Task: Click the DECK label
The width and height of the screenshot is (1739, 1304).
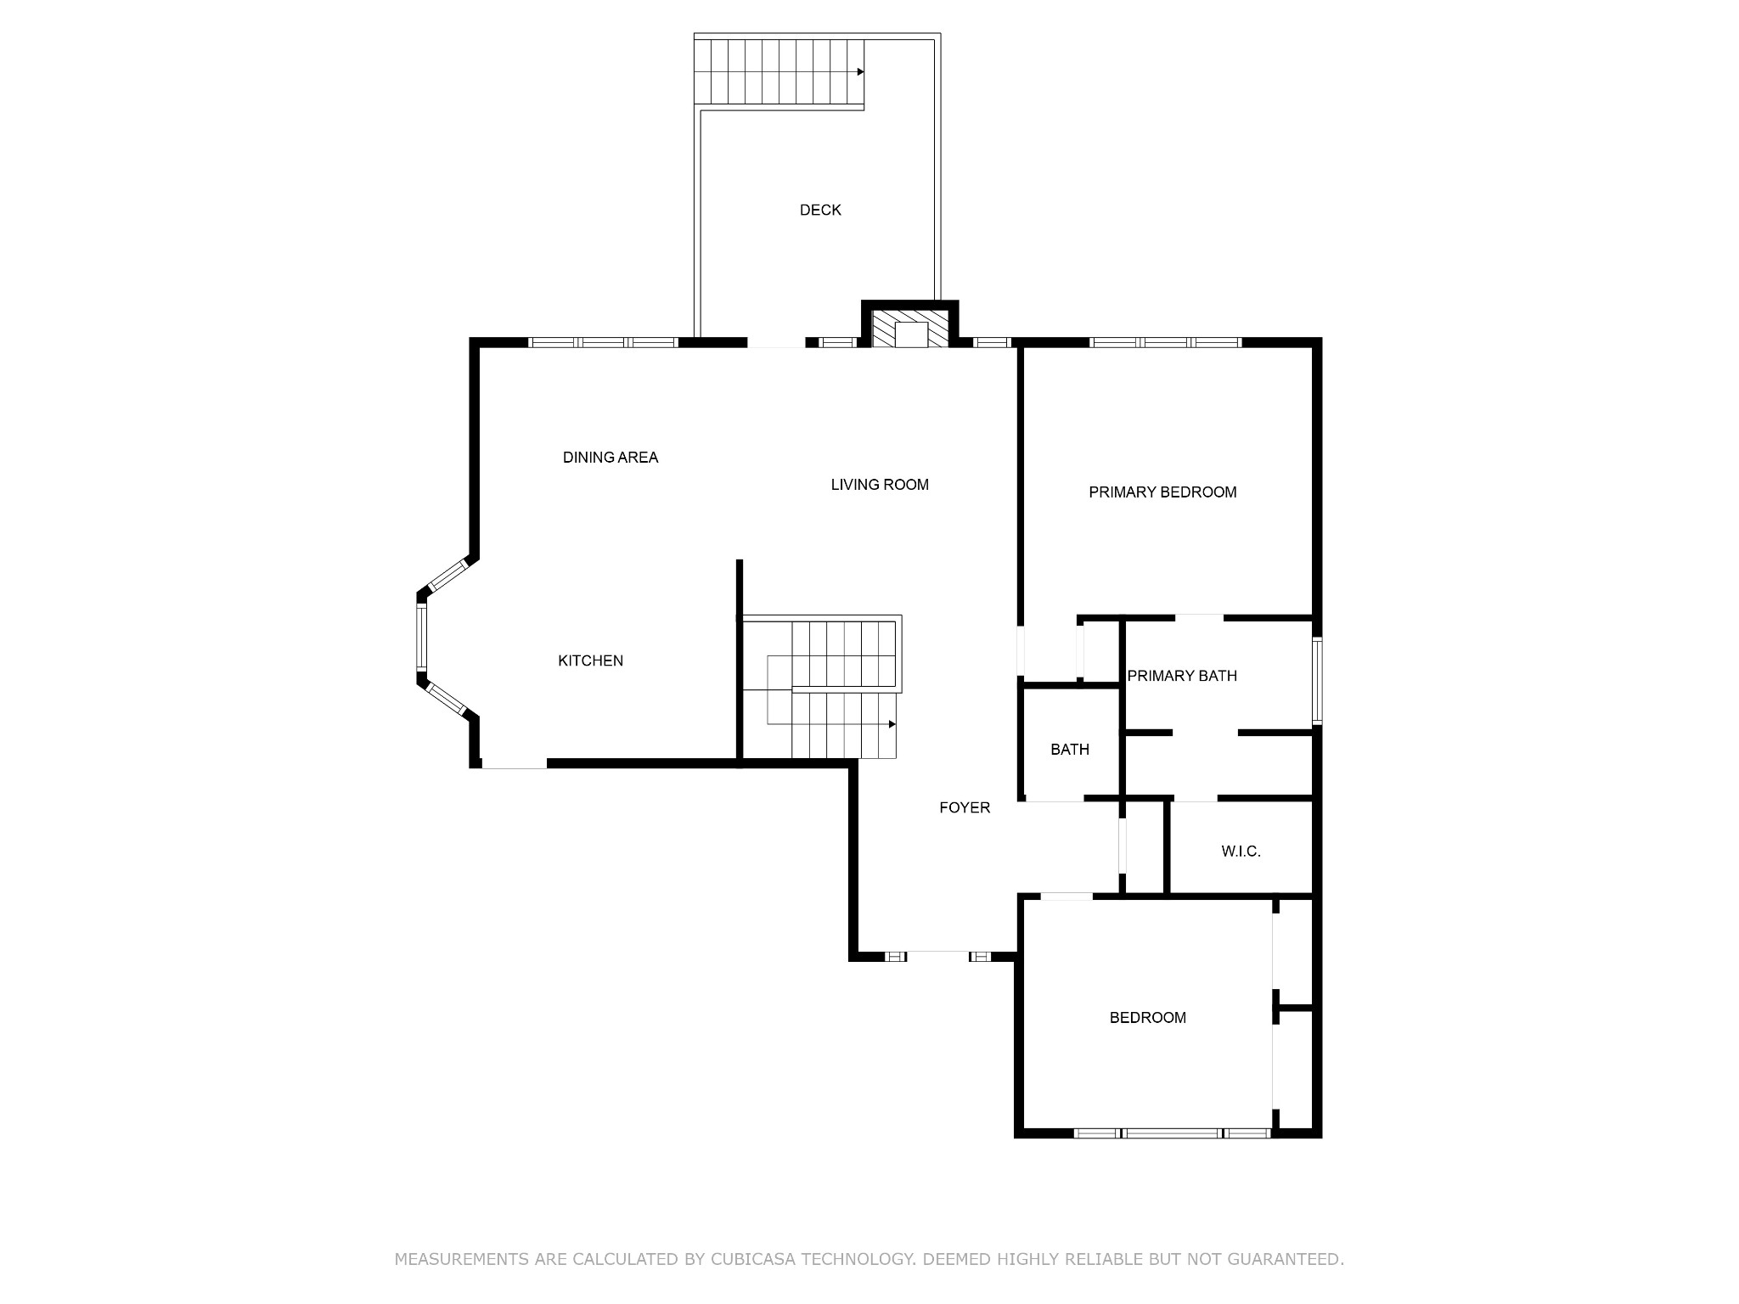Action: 820,210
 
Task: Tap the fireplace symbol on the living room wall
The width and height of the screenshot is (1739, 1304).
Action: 911,330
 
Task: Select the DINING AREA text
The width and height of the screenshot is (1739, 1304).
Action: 611,458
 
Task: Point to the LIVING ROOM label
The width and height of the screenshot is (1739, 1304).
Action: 880,485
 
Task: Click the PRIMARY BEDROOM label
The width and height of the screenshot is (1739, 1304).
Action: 1162,492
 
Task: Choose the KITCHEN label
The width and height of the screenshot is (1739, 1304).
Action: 590,660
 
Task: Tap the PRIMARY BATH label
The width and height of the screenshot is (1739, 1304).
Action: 1182,676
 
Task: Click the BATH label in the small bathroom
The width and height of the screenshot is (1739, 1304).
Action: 1069,750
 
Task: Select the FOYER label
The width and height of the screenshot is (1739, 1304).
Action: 965,807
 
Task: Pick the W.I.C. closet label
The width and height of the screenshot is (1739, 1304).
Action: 1241,852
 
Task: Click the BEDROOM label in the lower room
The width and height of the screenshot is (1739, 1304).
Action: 1147,1018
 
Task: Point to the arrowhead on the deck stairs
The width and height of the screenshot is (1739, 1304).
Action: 860,72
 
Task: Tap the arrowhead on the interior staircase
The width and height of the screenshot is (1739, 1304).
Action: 892,724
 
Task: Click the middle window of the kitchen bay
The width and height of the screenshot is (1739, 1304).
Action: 421,636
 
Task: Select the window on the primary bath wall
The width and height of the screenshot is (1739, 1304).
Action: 1317,681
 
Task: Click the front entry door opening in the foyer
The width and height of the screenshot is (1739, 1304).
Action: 937,956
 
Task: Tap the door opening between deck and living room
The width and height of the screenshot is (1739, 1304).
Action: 776,343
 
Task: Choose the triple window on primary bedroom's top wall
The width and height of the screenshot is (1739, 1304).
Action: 1165,343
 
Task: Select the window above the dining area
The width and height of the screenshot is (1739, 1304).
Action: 604,343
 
